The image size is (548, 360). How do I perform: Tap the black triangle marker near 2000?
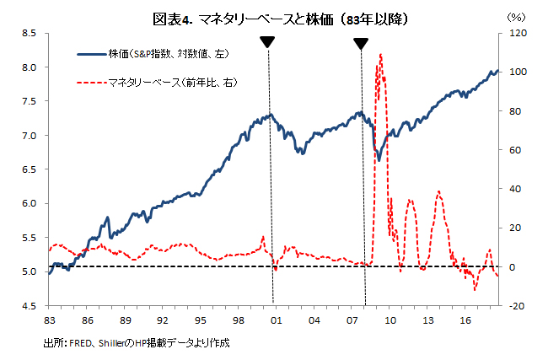point(267,42)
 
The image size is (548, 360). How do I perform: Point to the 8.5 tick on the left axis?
point(28,34)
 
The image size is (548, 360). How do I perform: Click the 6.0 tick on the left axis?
point(28,203)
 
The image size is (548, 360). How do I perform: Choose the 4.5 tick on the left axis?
point(28,306)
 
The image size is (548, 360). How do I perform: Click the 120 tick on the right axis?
point(514,34)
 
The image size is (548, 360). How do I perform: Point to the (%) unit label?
point(514,16)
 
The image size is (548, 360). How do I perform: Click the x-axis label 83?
point(49,321)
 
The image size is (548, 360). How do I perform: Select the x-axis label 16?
point(465,321)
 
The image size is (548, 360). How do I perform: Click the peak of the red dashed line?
point(381,55)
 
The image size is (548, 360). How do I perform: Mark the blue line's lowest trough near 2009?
point(379,160)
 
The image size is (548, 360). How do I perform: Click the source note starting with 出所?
point(136,343)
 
